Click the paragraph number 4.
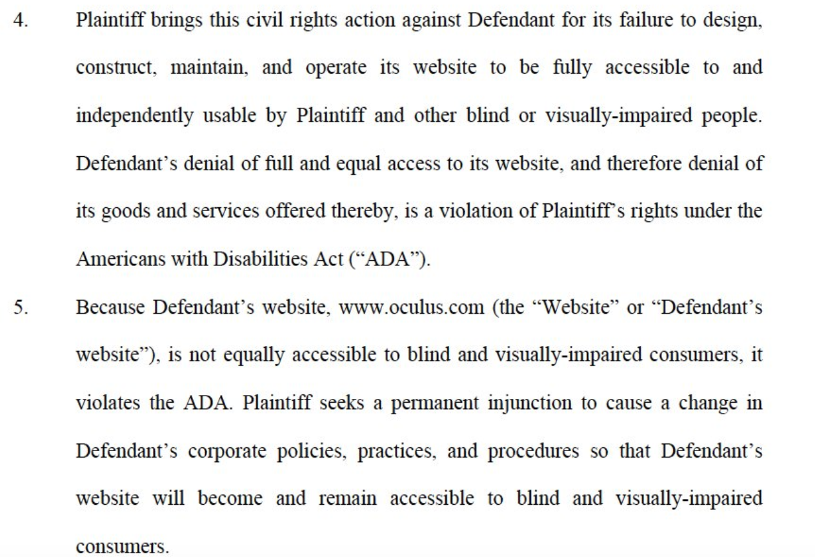click(21, 20)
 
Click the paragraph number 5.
click(21, 307)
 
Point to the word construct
click(116, 68)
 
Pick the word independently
click(135, 116)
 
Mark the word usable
click(230, 116)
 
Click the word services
click(226, 212)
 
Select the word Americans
click(121, 259)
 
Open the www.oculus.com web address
click(412, 308)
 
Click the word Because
click(110, 307)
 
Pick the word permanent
click(434, 404)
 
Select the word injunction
click(530, 404)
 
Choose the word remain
click(347, 499)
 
